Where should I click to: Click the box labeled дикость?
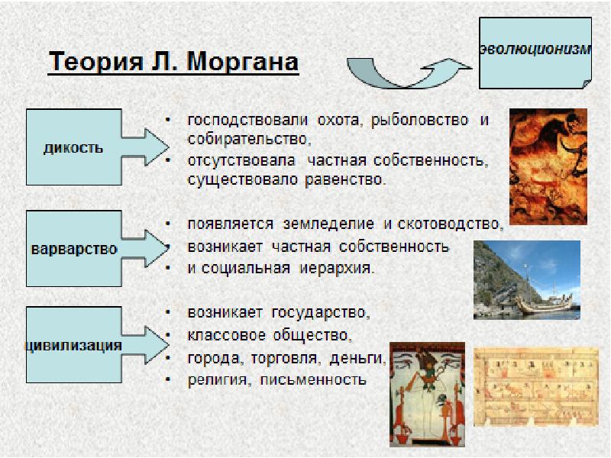click(x=73, y=147)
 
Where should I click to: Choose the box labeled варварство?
click(x=73, y=249)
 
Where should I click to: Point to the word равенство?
click(x=344, y=181)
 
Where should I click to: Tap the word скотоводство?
click(x=451, y=224)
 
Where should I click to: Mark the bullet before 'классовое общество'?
click(x=166, y=336)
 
